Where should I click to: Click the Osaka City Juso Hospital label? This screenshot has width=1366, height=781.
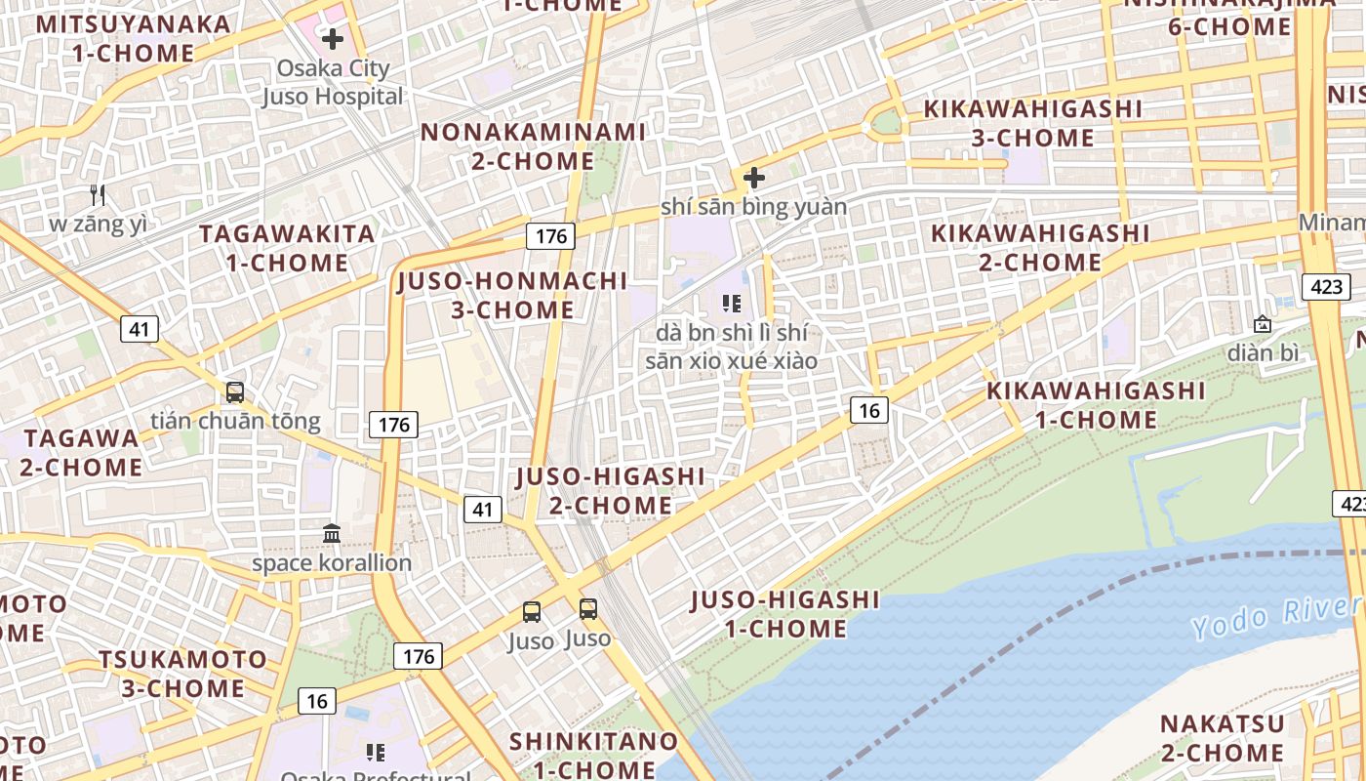pos(332,82)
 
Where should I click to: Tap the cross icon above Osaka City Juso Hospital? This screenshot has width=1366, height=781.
pos(333,39)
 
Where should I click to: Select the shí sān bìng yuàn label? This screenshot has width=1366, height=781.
pos(753,207)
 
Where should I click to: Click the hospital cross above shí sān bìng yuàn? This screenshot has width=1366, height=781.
pos(753,178)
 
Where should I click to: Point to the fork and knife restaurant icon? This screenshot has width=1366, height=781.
pos(97,195)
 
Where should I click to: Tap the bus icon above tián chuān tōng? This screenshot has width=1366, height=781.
pos(234,392)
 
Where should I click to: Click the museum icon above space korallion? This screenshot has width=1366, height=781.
pos(332,534)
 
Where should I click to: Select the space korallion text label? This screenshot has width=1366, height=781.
pos(332,563)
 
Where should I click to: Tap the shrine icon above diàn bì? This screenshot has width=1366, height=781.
pos(1263,323)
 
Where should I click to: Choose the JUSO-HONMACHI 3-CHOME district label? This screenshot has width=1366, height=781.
pos(512,295)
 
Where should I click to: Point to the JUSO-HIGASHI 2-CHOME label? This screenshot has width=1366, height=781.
pos(610,490)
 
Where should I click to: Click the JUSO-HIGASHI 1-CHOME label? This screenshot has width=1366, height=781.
pos(785,613)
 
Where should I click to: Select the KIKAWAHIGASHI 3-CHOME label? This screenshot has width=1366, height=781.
pos(1032,123)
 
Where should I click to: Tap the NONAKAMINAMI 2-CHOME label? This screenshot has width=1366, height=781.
pos(533,145)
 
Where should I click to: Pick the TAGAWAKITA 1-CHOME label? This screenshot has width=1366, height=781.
pos(287,248)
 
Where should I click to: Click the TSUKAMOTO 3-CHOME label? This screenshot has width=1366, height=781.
pos(182,674)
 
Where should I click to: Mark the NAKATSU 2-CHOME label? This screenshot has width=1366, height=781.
pos(1223,738)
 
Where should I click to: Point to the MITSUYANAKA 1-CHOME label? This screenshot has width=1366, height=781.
pos(134,38)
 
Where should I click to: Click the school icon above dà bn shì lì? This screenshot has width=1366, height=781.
pos(732,304)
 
